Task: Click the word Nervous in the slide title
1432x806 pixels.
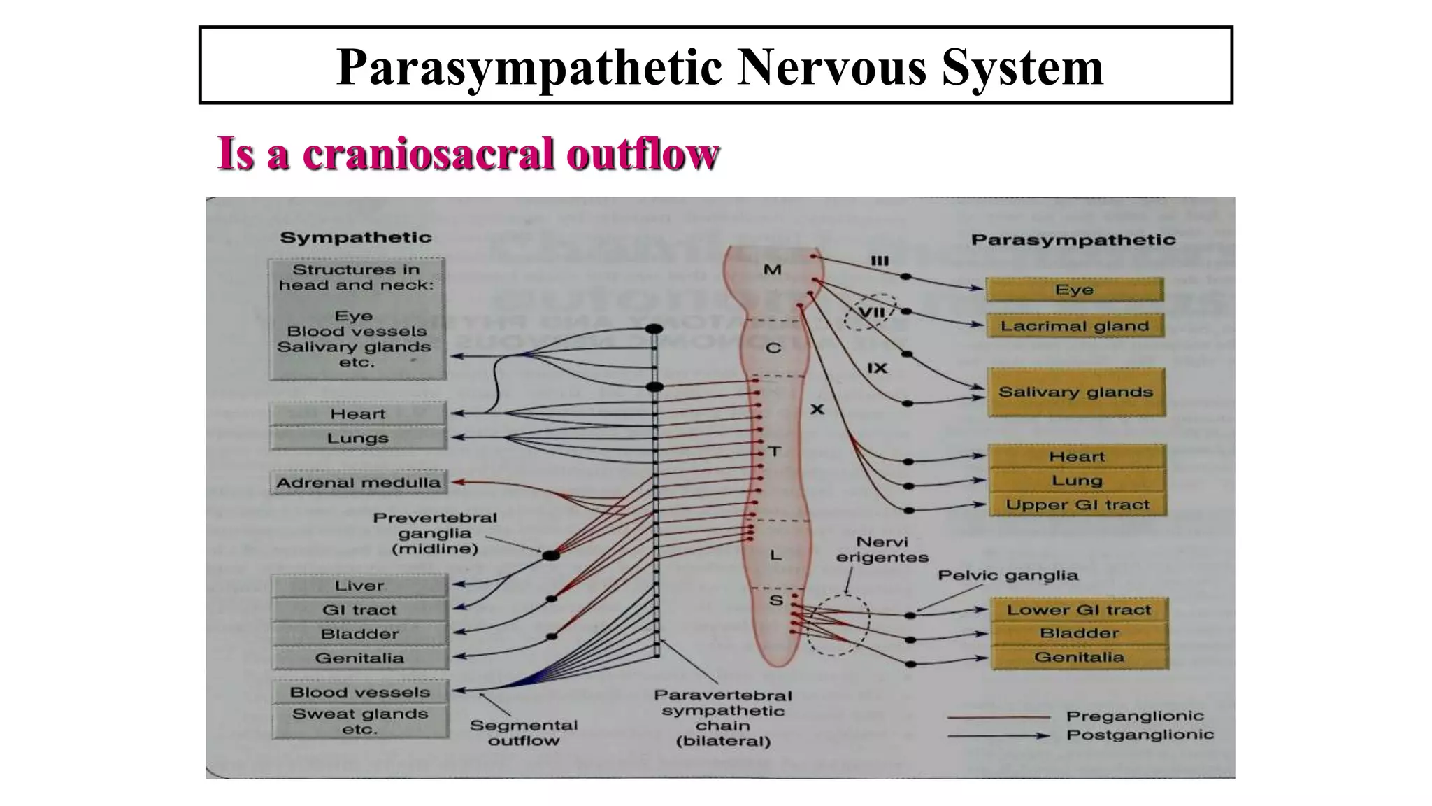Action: tap(832, 67)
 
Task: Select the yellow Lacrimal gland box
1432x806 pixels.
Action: tap(1075, 326)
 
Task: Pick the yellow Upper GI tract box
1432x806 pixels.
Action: tap(1077, 504)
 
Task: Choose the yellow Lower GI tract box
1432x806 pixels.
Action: tap(1079, 609)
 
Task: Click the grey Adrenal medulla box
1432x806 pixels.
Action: tap(358, 482)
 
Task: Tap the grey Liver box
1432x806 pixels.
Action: tap(359, 586)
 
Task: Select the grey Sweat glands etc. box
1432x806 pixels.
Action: tap(360, 721)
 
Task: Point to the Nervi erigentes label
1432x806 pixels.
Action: tap(882, 550)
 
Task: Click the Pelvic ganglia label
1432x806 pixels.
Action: tap(1008, 575)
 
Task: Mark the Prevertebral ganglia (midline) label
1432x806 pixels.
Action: tap(434, 533)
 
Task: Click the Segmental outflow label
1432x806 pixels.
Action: tap(524, 733)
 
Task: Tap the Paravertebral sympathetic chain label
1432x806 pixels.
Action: tap(723, 718)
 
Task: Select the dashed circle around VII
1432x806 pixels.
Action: tap(869, 312)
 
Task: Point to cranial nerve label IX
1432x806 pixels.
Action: tap(877, 368)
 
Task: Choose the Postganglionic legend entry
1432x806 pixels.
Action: tap(1140, 735)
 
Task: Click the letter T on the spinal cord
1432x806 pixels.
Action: tap(774, 451)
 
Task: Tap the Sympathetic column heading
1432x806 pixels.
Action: tap(356, 237)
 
